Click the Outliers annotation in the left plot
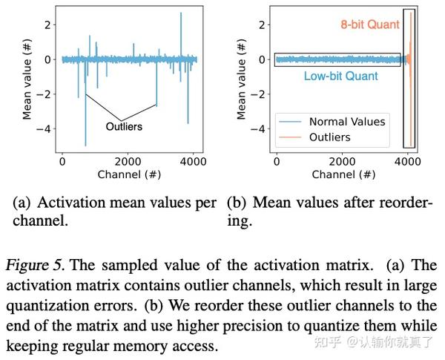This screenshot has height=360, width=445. (x=122, y=126)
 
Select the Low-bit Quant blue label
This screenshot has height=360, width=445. (x=340, y=76)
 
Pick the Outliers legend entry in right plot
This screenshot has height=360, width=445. (x=329, y=137)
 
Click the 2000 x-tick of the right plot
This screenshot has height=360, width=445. (x=340, y=161)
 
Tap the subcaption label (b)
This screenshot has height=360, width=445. (x=235, y=202)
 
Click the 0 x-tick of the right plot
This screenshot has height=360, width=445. (x=276, y=161)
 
